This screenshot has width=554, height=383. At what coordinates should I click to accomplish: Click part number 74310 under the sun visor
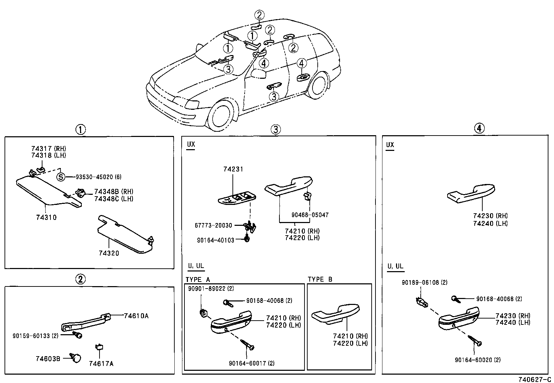(46, 217)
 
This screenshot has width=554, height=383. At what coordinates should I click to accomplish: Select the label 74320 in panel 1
(109, 253)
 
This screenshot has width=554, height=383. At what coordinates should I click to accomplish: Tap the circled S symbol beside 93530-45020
(61, 177)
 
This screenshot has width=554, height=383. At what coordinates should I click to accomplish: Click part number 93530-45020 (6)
(99, 177)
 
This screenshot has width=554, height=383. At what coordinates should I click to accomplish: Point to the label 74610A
(136, 316)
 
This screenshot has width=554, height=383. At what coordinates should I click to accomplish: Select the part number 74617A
(101, 364)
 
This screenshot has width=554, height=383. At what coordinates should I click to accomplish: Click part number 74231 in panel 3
(233, 169)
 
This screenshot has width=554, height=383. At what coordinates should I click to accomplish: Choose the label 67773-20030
(213, 225)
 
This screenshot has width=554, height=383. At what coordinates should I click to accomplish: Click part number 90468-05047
(310, 215)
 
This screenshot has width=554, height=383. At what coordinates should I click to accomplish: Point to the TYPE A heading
(198, 279)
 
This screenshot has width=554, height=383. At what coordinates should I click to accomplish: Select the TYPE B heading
(320, 279)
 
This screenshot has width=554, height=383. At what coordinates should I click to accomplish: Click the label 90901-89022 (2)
(211, 289)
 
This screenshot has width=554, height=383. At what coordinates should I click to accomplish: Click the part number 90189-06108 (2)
(425, 283)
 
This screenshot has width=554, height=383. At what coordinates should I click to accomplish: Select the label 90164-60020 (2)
(477, 360)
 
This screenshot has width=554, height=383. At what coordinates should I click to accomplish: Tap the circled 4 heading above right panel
(479, 129)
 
